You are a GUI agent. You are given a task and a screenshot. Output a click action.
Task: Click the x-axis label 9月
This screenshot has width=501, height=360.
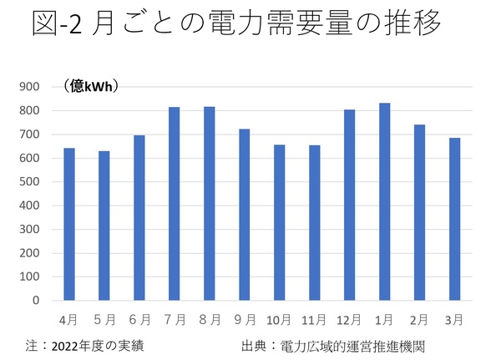(244, 318)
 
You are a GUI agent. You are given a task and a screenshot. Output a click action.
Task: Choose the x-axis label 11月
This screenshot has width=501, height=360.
(314, 318)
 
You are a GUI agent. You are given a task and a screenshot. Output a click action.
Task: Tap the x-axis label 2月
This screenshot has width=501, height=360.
(419, 318)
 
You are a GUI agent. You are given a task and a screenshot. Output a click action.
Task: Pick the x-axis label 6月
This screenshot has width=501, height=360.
(139, 318)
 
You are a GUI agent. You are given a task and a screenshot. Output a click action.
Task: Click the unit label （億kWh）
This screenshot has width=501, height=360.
(92, 86)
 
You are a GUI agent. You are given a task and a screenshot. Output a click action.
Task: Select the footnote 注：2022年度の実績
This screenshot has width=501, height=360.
(90, 344)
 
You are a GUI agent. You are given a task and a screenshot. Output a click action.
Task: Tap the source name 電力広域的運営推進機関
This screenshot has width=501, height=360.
(358, 344)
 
